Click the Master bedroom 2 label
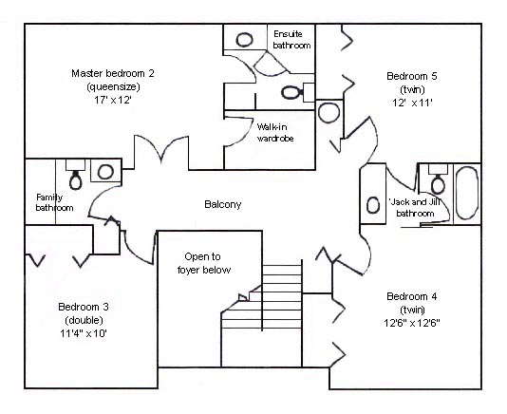[x=113, y=73]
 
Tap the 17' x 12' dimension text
[x=113, y=100]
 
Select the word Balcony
[x=223, y=204]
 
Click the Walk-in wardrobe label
[x=275, y=133]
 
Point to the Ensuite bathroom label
[x=291, y=40]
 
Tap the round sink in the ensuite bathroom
[x=244, y=40]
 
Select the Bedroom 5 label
[x=412, y=76]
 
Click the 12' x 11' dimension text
[x=412, y=103]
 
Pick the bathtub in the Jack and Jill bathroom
[x=466, y=194]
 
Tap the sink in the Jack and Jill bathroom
[x=373, y=205]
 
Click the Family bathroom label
[x=54, y=202]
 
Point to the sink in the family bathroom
[x=105, y=172]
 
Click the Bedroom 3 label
[x=84, y=307]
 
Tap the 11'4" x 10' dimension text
[x=84, y=333]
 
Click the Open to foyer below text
[x=204, y=263]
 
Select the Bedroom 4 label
[x=412, y=296]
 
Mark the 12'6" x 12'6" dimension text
[x=412, y=323]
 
